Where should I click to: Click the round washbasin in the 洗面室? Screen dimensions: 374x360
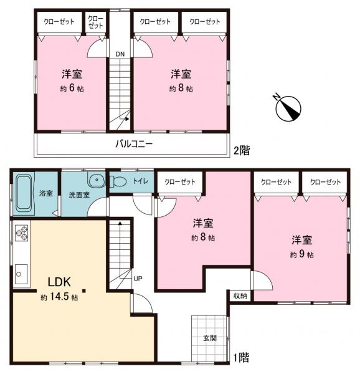point(95,181)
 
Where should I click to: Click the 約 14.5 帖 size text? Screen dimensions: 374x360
point(60,297)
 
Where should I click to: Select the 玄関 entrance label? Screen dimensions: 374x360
point(209,338)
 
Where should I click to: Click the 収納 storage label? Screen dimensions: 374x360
point(240,295)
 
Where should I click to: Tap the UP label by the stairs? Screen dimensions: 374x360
point(138,279)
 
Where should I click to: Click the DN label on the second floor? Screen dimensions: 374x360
point(119,54)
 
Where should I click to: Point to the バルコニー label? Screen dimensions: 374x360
point(134,145)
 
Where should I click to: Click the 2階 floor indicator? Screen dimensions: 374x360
point(242,150)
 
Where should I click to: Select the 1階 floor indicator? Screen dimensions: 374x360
point(242,357)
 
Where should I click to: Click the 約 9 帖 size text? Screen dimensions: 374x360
point(301,255)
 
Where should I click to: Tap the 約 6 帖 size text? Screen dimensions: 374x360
point(72,89)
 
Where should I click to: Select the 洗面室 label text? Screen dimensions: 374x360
point(78,194)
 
